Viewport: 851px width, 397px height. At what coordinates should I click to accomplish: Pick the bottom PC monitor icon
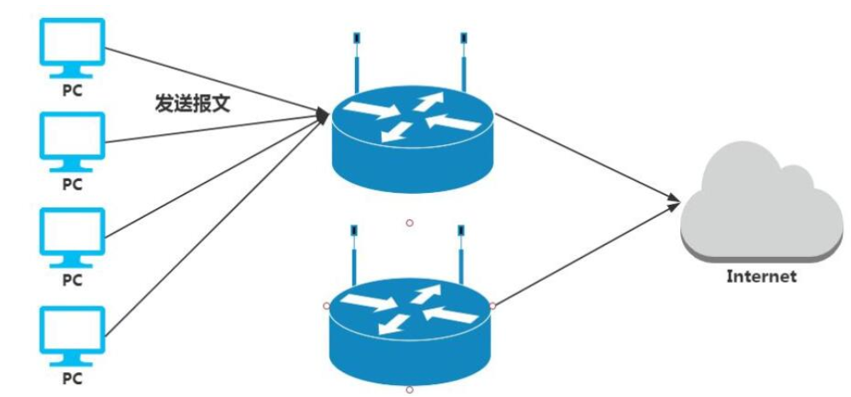pyautogui.click(x=73, y=332)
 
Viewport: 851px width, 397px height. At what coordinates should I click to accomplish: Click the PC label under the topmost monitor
pyautogui.click(x=73, y=90)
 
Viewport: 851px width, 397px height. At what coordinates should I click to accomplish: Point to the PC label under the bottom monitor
pyautogui.click(x=73, y=377)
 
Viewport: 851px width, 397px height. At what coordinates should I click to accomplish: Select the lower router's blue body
pyautogui.click(x=411, y=329)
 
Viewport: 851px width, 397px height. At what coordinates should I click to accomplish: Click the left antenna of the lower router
pyautogui.click(x=353, y=256)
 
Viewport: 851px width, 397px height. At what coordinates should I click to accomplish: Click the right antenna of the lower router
pyautogui.click(x=462, y=256)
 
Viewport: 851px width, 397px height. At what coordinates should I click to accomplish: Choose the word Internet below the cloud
pyautogui.click(x=761, y=276)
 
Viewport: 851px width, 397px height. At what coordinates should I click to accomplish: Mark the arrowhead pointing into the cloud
pyautogui.click(x=674, y=201)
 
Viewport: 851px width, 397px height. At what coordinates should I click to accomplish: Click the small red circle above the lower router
pyautogui.click(x=410, y=223)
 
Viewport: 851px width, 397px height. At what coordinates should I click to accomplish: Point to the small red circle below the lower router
pyautogui.click(x=410, y=389)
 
